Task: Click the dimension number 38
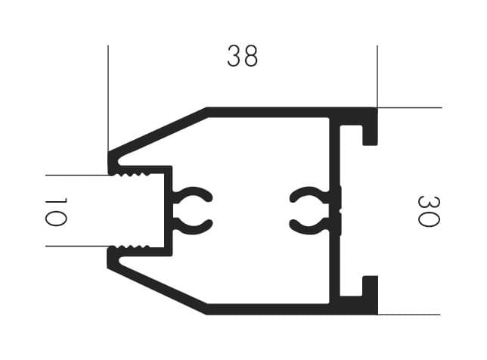pos(242,56)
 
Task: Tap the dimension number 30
pos(429,211)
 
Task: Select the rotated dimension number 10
pos(56,212)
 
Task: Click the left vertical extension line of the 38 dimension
pos(108,98)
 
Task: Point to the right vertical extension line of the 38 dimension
pos(377,76)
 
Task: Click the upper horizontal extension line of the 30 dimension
pos(410,108)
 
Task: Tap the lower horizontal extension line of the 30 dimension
pos(408,315)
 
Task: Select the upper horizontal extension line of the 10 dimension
pos(77,175)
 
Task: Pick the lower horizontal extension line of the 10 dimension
pos(77,247)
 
